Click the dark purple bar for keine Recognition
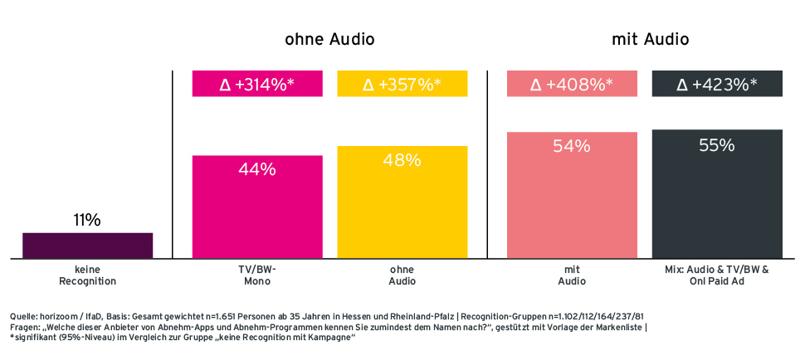click(87, 246)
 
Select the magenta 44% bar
click(257, 207)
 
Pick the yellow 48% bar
click(402, 203)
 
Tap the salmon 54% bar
click(572, 196)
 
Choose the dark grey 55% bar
click(717, 195)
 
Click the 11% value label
click(87, 221)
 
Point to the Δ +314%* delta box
click(257, 84)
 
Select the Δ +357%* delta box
click(402, 84)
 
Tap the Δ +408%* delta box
click(572, 84)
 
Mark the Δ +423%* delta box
click(717, 84)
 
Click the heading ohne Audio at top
click(329, 39)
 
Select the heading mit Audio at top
click(651, 39)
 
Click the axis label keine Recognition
click(87, 275)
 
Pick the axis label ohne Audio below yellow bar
click(402, 275)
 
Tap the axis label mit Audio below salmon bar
click(572, 275)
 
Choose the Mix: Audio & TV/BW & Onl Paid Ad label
click(717, 275)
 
